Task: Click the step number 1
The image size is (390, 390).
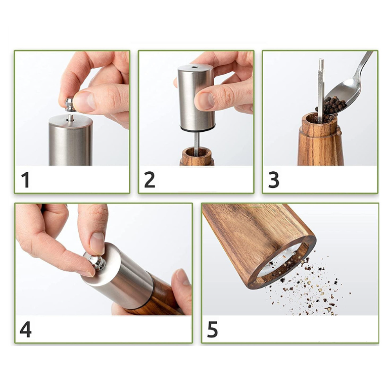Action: point(25,179)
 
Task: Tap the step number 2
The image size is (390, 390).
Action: point(150,179)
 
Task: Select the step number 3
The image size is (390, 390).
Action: point(274,179)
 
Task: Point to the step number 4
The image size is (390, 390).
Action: point(25,329)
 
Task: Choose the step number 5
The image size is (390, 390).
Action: point(212,329)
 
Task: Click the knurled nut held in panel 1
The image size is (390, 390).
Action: point(69,104)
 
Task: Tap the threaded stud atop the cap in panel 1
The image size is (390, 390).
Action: point(71,117)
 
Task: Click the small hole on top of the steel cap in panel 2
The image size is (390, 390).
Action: point(194,67)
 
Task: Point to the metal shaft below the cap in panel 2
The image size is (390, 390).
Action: point(197,144)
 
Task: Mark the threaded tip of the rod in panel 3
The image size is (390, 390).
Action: point(321,64)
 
